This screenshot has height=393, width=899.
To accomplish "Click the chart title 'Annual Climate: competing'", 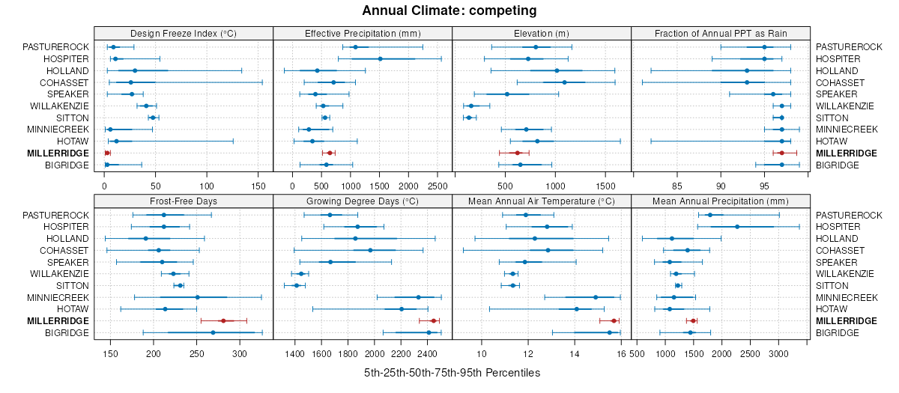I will coord(449,10).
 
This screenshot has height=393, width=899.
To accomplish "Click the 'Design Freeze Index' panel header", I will coord(184,33).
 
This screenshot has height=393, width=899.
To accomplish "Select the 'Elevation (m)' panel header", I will coord(542,33).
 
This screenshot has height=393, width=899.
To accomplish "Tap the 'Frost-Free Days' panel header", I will coord(184,201).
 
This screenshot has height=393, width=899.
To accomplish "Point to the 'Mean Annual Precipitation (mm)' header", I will coord(721,201).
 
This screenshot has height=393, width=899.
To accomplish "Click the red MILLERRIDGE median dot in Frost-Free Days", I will coord(223,320).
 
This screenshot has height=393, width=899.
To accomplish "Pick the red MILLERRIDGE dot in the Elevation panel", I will coord(518,153).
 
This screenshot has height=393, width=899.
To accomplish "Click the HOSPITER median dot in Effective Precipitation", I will coord(380,58).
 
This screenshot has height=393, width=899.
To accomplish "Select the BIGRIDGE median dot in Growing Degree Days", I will coord(429,332).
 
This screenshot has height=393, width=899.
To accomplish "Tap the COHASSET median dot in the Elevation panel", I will coord(564,82).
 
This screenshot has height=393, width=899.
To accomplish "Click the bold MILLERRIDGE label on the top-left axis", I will coord(57,153).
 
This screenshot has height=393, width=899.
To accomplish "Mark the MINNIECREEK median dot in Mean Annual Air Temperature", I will coord(596,297).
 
